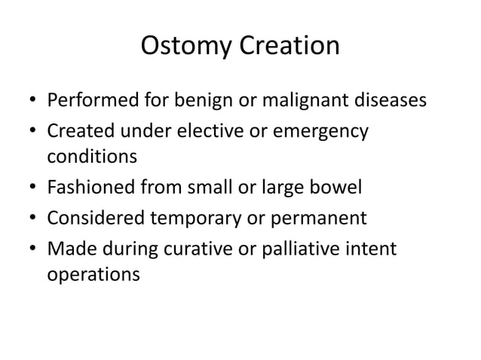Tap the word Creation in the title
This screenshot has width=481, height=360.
point(290,47)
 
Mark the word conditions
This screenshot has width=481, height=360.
point(92,158)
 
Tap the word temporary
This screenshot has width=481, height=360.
point(205,218)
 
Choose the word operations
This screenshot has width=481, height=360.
point(93,276)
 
